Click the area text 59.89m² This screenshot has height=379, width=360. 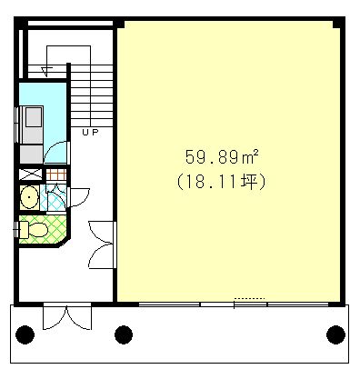click(222, 157)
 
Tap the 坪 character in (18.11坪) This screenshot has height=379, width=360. click(249, 182)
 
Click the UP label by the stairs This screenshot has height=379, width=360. click(90, 132)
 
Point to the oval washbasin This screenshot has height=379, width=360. click(29, 197)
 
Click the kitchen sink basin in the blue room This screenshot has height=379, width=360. click(34, 116)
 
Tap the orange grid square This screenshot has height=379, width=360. click(56, 175)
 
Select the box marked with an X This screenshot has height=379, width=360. click(31, 175)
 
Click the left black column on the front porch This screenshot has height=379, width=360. click(25, 334)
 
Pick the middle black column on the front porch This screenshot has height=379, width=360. click(124, 334)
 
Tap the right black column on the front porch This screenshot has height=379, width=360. click(335, 334)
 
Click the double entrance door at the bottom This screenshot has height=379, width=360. click(67, 315)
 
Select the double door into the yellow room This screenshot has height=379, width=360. click(103, 244)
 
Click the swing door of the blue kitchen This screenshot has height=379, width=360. click(56, 153)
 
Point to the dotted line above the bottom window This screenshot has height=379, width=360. click(250, 298)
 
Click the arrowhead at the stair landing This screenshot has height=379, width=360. click(45, 72)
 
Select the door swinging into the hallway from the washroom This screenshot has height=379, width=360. click(79, 197)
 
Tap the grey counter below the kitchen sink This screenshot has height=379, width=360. click(32, 155)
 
